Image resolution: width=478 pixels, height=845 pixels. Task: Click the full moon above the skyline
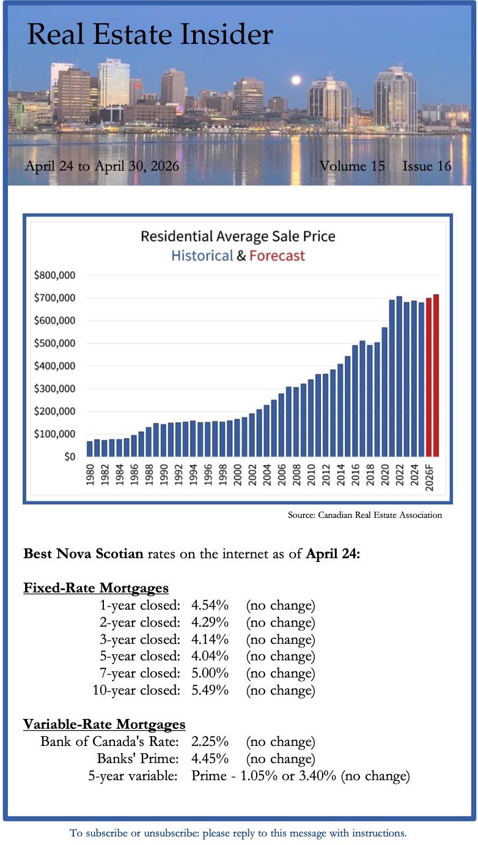296,80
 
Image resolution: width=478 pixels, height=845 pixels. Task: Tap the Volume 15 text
352,166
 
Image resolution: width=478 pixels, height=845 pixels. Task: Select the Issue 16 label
427,166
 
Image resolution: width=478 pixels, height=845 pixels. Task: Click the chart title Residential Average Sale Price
238,236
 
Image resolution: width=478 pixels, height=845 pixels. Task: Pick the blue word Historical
202,256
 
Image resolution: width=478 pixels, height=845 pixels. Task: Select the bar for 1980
90,448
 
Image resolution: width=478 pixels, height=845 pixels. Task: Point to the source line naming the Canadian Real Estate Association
364,515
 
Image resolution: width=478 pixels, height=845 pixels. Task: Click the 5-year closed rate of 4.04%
210,657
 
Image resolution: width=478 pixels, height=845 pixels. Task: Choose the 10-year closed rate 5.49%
210,690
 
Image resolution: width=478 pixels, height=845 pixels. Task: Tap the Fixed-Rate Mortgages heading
96,588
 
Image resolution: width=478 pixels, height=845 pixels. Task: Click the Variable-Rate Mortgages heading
104,725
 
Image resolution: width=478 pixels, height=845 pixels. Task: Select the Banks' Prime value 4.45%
210,759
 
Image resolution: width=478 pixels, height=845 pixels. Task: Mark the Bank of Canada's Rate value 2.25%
210,742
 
